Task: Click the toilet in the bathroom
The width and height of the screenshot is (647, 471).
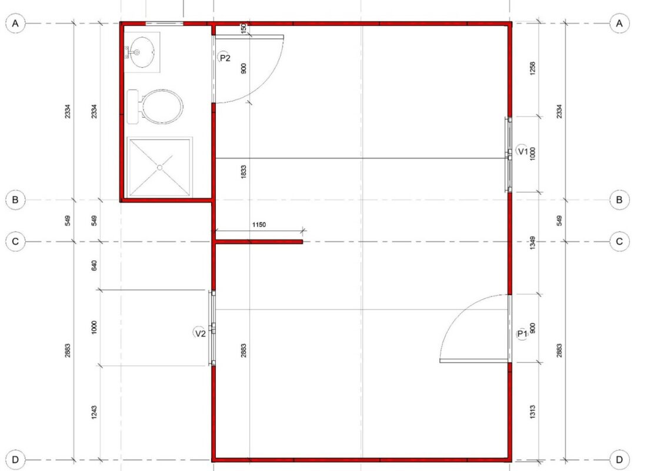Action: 155,107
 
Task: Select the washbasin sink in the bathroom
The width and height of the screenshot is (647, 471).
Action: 141,52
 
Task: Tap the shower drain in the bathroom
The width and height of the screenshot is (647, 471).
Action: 159,167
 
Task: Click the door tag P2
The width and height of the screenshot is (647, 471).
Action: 225,58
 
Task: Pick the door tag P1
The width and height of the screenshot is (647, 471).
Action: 522,333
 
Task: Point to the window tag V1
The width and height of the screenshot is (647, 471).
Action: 522,151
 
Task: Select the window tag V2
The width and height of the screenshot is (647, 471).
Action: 200,333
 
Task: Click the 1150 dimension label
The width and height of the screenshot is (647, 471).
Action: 259,225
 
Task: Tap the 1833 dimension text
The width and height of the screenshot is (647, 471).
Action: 244,171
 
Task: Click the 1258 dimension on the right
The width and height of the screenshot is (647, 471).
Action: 532,68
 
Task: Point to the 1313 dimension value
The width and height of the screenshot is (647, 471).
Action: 532,412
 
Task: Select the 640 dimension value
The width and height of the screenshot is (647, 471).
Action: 94,266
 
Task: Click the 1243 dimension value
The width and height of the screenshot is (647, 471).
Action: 94,412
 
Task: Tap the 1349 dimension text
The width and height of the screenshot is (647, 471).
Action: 532,243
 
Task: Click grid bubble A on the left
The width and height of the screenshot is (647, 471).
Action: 15,24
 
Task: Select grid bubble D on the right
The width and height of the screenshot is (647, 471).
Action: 619,459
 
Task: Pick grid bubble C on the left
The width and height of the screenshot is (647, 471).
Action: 15,241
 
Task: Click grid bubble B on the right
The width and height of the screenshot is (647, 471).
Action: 619,200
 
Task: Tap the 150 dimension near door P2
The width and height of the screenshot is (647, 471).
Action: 244,28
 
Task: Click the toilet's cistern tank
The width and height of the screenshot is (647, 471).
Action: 133,107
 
